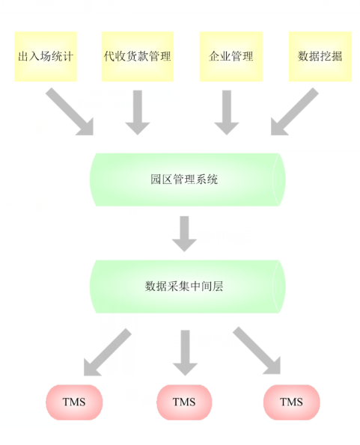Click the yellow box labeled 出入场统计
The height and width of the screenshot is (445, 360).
tap(46, 57)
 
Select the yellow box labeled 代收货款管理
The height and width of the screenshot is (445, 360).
tap(138, 57)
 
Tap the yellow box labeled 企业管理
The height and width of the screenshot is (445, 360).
tap(231, 57)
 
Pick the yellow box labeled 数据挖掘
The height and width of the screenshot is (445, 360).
tap(320, 57)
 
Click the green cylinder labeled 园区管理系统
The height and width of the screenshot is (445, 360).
tap(188, 179)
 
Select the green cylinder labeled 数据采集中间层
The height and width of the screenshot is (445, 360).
tap(188, 286)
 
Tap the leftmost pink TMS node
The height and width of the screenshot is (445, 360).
tap(74, 402)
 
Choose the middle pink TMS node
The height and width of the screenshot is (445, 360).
tap(184, 402)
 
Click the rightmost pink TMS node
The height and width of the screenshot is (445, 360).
tap(292, 402)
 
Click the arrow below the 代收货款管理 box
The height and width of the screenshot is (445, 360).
tap(138, 113)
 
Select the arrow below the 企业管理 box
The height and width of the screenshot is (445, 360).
tap(227, 113)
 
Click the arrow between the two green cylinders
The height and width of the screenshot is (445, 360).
tap(184, 234)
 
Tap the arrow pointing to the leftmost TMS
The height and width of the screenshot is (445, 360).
tap(107, 353)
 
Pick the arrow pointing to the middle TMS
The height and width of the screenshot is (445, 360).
tap(185, 353)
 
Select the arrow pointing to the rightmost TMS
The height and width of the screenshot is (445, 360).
tap(257, 351)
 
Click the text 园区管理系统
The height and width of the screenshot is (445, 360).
tap(184, 179)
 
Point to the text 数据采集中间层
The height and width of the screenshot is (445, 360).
tap(184, 286)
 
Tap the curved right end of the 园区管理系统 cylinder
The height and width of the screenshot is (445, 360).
tap(279, 179)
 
